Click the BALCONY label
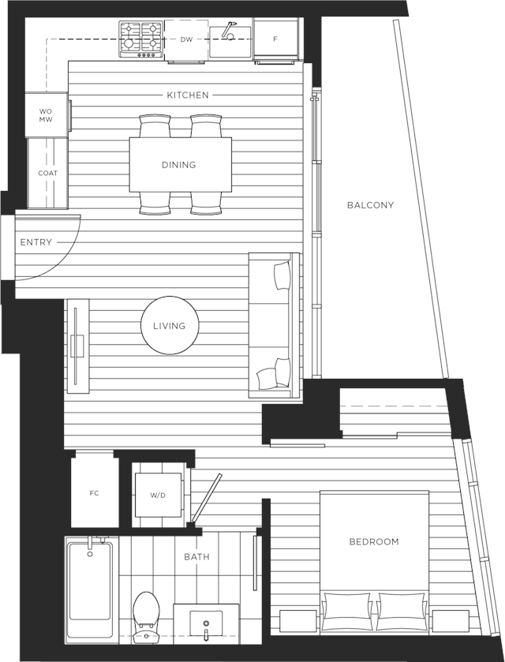click(x=370, y=205)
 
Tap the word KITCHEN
click(x=188, y=95)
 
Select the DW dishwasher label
click(x=186, y=39)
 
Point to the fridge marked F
click(x=275, y=39)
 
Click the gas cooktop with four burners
click(x=141, y=39)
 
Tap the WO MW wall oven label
click(x=46, y=115)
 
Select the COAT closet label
click(x=47, y=173)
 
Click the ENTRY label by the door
click(x=36, y=242)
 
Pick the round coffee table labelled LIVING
click(x=170, y=326)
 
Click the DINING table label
click(x=179, y=165)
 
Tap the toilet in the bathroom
click(x=146, y=616)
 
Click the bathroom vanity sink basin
click(x=206, y=623)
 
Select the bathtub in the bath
click(x=91, y=586)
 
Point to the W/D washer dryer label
click(x=158, y=496)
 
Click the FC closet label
click(x=94, y=493)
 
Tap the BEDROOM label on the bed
click(x=374, y=542)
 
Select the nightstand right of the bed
click(x=451, y=621)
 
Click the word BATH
click(x=196, y=557)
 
